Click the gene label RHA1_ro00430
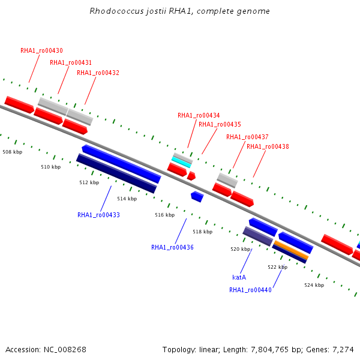[41, 50]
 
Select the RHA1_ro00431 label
[71, 62]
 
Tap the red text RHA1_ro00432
[98, 73]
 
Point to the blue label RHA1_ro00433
[99, 215]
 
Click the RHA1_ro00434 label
[199, 115]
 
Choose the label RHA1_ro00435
[220, 124]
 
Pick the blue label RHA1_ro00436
[172, 247]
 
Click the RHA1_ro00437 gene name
[247, 137]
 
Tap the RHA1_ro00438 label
[268, 146]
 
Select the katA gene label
[239, 277]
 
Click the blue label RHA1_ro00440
[250, 290]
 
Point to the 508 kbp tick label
[13, 152]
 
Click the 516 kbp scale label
[165, 215]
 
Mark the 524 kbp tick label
[314, 285]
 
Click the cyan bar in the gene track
[181, 162]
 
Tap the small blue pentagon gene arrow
[197, 197]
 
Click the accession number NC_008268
[65, 350]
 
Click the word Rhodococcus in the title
[116, 11]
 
